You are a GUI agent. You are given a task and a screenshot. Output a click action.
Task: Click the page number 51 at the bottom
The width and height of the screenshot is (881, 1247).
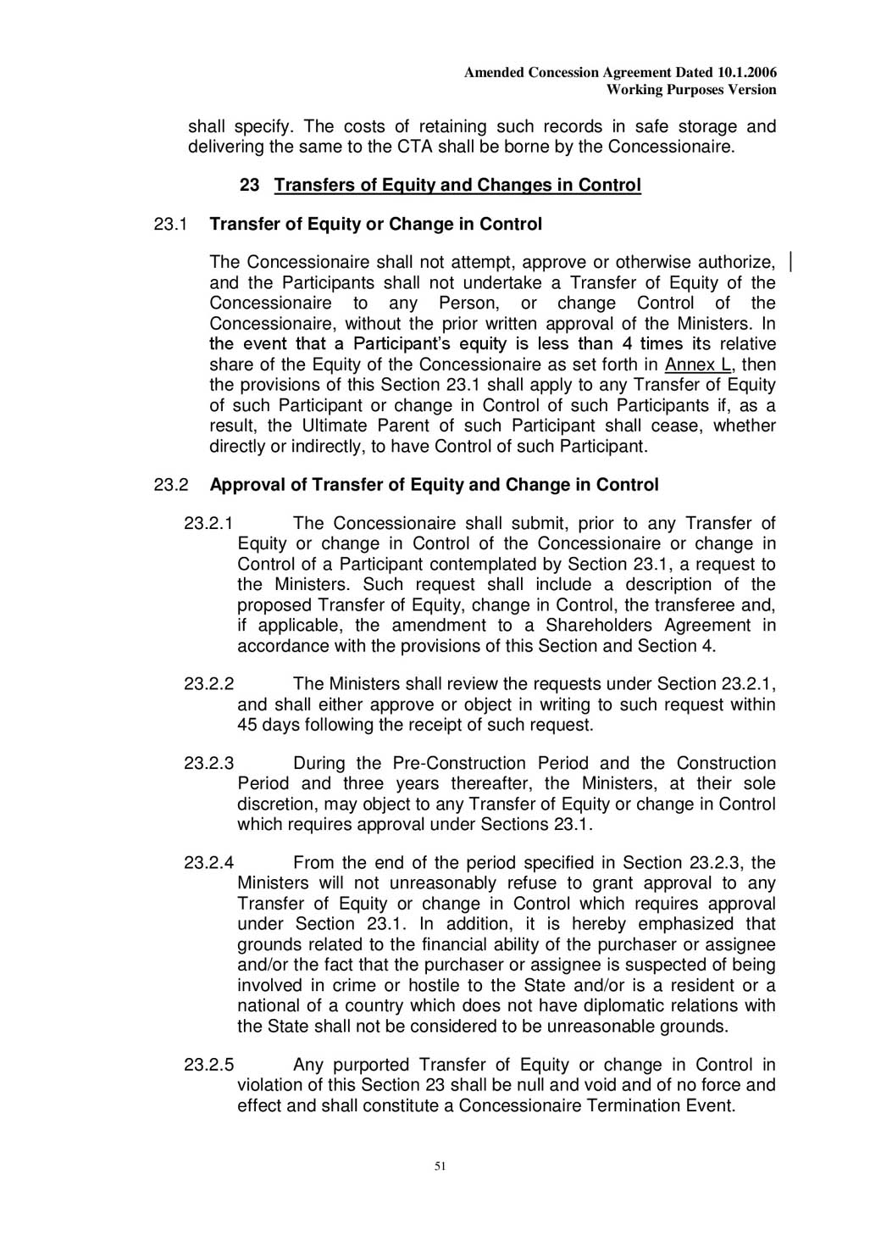[x=440, y=1166]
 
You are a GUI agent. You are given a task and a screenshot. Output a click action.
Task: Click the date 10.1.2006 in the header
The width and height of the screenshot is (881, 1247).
[x=746, y=73]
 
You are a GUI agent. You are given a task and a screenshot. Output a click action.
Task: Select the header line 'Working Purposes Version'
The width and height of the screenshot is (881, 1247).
[x=691, y=90]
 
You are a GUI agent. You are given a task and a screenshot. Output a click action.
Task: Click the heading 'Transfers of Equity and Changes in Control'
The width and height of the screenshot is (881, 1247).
[x=457, y=185]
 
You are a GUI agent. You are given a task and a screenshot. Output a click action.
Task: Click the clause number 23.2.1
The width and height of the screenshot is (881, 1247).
[x=208, y=523]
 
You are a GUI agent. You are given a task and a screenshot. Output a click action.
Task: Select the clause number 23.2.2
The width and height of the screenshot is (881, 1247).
[x=208, y=684]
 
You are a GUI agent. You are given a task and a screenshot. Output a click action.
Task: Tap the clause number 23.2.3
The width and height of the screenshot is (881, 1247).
[x=208, y=763]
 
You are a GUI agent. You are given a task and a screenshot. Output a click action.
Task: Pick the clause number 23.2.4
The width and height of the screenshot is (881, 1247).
[x=208, y=863]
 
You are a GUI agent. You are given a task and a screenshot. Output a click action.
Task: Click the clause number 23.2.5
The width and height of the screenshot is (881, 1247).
[x=208, y=1065]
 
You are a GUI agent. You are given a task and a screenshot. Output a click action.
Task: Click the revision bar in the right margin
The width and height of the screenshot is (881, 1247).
[x=790, y=261]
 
